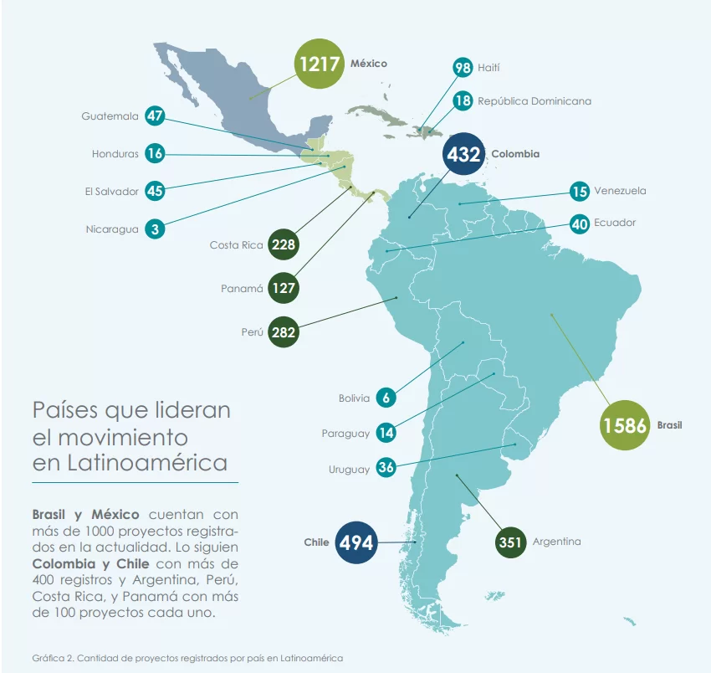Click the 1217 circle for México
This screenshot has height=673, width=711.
tap(320, 63)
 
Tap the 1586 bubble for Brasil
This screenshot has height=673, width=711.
tap(625, 425)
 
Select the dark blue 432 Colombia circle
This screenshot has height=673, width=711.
tap(463, 154)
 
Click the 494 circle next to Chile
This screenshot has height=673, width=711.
tap(356, 542)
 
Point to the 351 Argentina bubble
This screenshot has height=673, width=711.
tap(510, 542)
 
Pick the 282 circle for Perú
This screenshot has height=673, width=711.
tap(284, 332)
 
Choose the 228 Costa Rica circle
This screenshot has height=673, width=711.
tap(284, 245)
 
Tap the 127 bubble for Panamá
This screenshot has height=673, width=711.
tap(284, 289)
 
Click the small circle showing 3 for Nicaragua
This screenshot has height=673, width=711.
tap(155, 229)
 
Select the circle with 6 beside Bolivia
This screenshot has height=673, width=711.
tap(386, 398)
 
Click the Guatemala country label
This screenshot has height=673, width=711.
tap(110, 116)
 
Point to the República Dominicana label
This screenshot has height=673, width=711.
tap(535, 101)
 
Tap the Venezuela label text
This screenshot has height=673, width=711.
tap(620, 191)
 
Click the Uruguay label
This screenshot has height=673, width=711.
tap(349, 470)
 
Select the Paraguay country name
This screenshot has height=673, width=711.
tap(345, 434)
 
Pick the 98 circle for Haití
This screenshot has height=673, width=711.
tap(463, 68)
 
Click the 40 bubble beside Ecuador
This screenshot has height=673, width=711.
tap(580, 223)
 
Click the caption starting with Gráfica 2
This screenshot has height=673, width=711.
tap(187, 658)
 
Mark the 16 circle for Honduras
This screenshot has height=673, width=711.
tap(155, 154)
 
